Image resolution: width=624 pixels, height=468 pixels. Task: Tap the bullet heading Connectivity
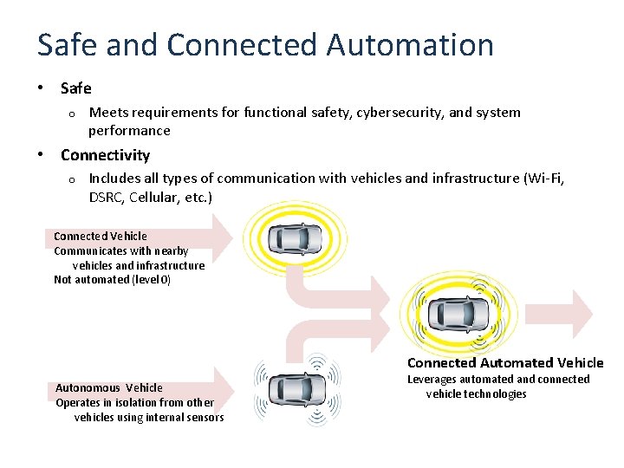pos(105,155)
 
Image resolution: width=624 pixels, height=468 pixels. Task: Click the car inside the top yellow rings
pos(294,237)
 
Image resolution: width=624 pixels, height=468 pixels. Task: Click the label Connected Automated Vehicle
pos(505,363)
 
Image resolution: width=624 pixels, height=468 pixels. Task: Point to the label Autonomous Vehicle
pos(109,387)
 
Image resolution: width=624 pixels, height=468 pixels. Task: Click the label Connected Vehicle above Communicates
pos(101,236)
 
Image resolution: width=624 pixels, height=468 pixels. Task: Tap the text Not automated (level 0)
pos(113,279)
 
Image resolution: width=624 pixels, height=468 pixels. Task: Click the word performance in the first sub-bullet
pos(129,131)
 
